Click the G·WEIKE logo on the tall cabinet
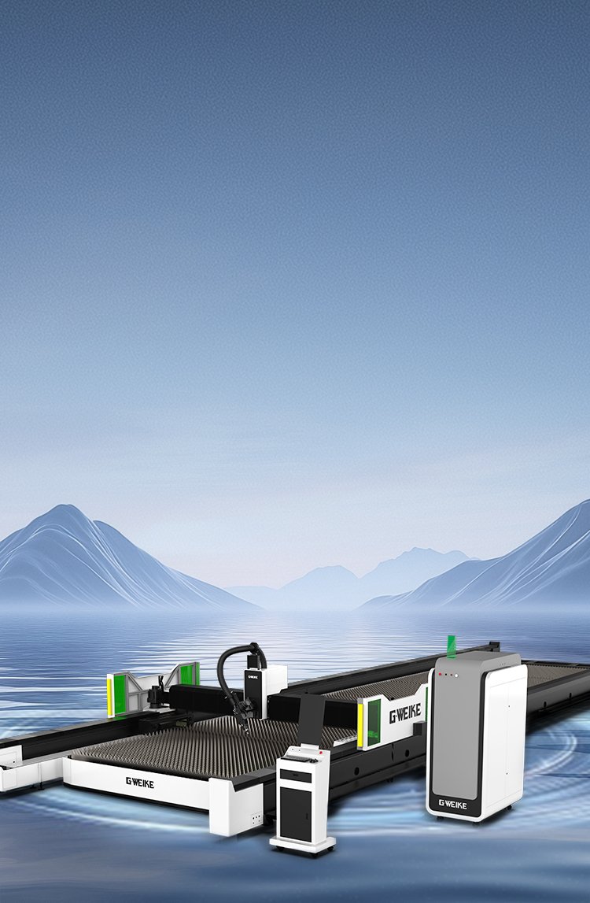452,804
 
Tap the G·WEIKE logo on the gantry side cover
405,714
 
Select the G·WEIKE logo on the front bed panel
140,782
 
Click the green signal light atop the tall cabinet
452,646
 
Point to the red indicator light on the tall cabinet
441,674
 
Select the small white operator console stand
302,798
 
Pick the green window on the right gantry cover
374,723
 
